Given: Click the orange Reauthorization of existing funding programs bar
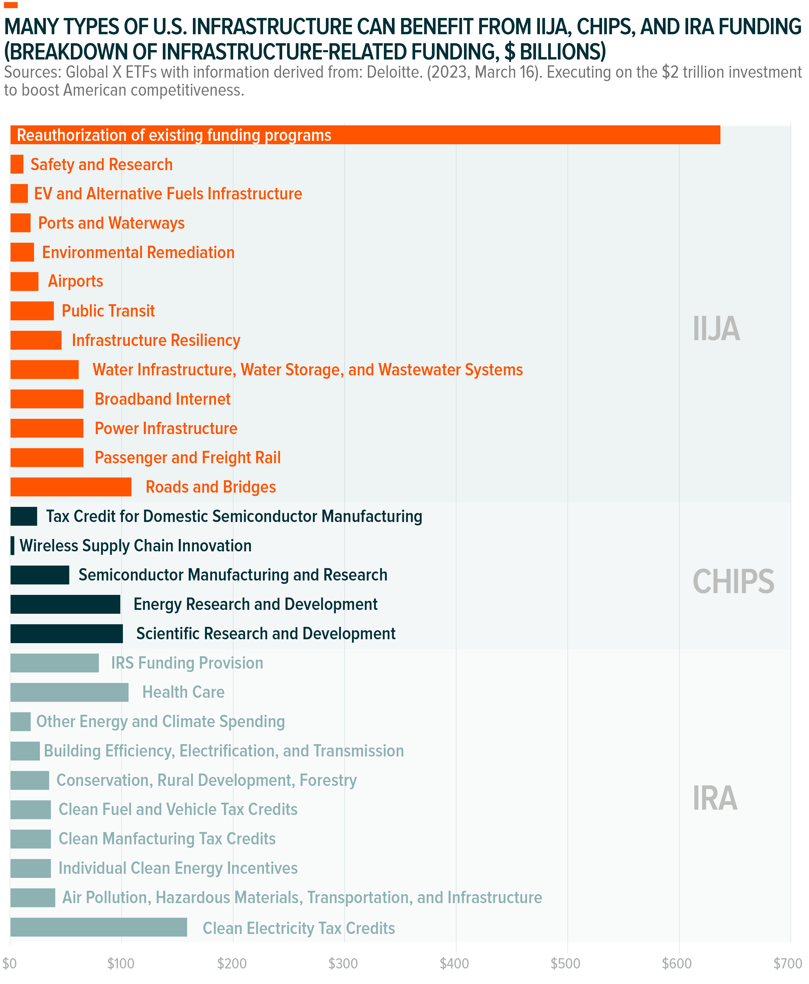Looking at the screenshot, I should pos(513,135).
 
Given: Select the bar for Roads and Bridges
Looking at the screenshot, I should pos(71,487).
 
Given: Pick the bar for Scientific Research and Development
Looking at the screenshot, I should pos(67,634).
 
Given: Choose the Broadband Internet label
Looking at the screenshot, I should pos(162,399).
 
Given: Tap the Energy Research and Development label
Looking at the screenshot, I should pos(255,604).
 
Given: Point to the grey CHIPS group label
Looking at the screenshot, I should pos(733,582).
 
